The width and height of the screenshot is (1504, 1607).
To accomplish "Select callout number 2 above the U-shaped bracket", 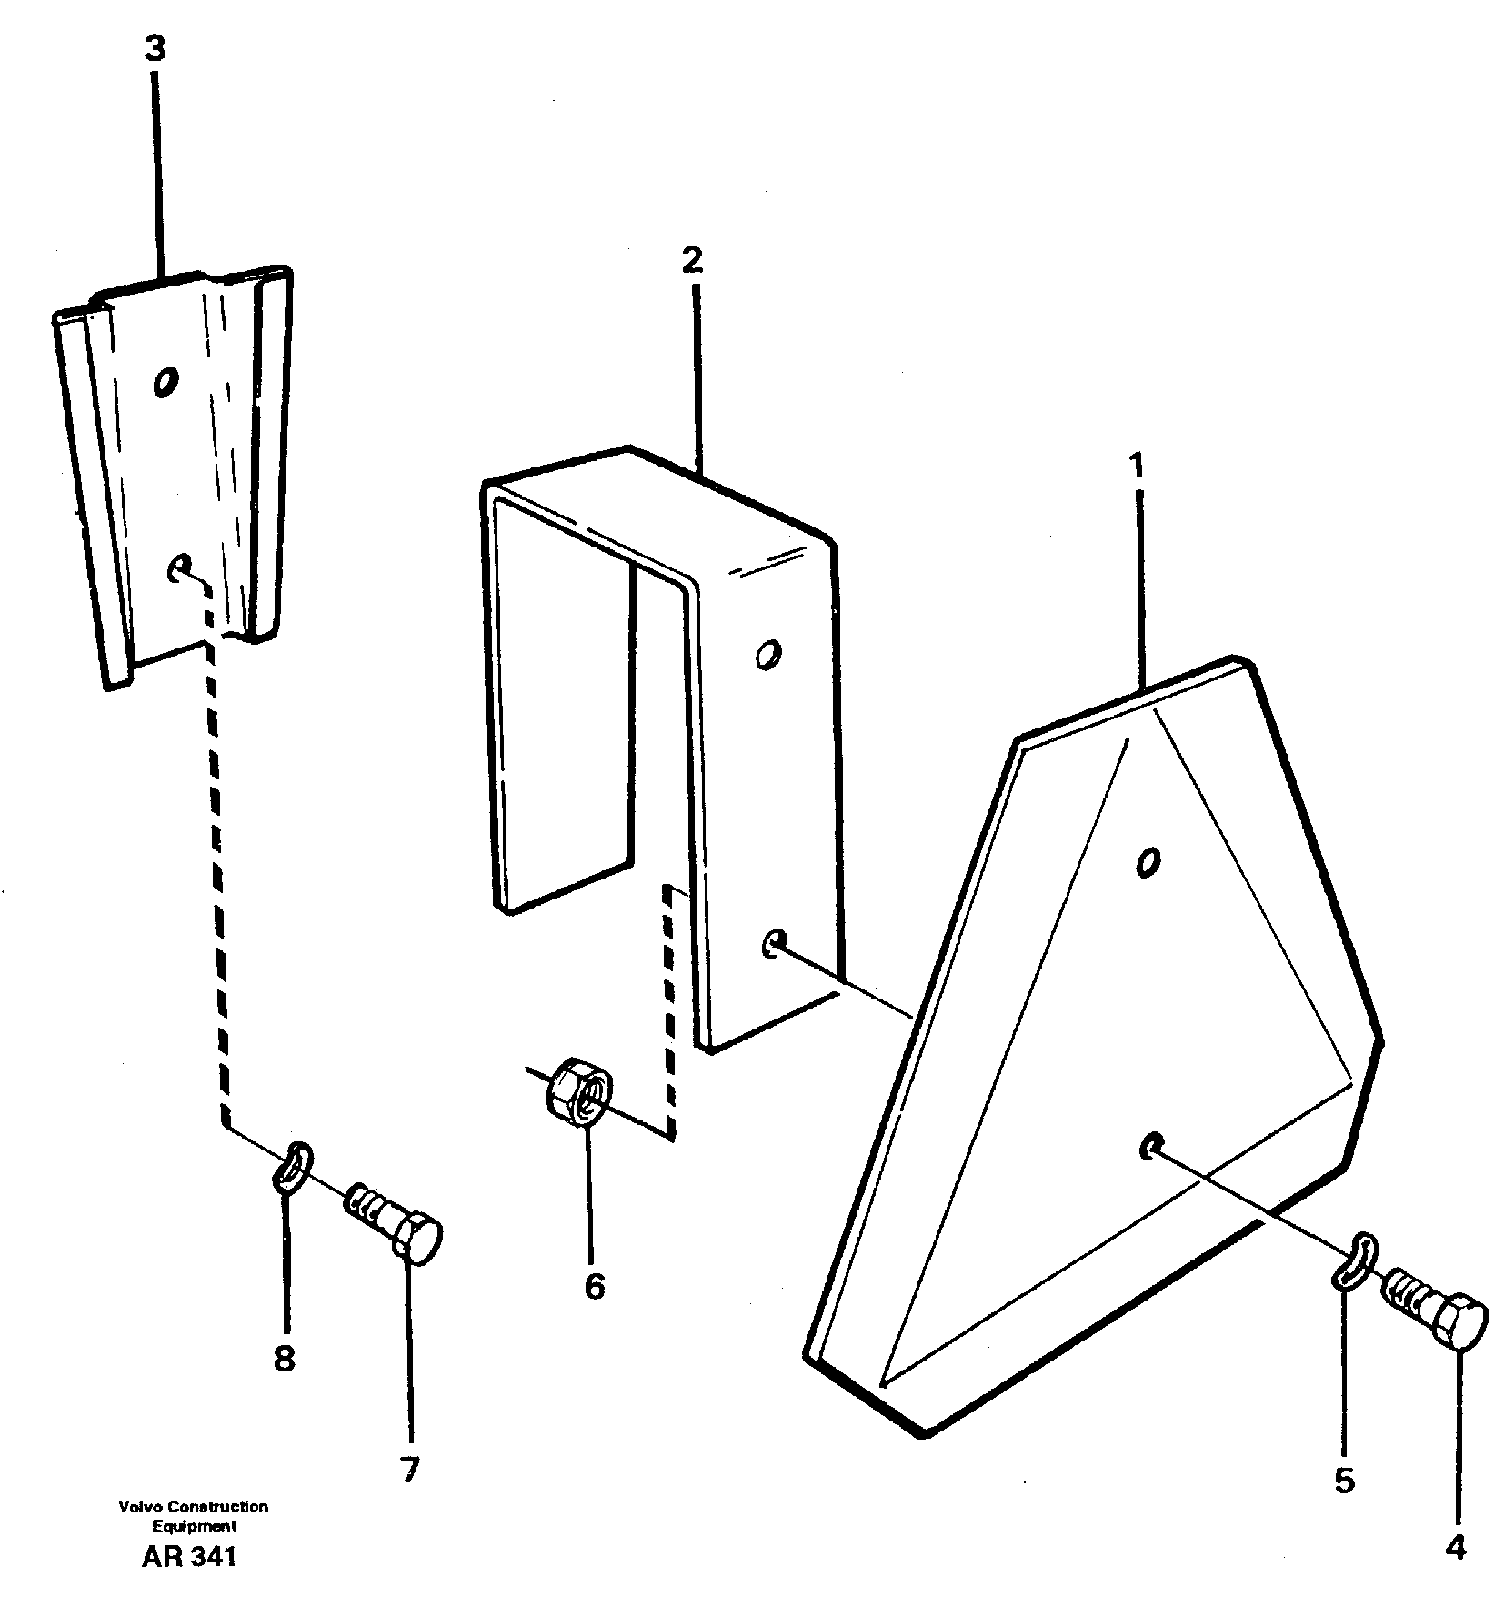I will tap(692, 260).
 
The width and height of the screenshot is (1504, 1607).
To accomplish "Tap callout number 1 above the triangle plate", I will tap(1136, 467).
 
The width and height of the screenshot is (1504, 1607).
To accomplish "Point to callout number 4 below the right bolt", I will tap(1454, 1547).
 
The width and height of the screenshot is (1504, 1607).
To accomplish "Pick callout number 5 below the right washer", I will tap(1344, 1481).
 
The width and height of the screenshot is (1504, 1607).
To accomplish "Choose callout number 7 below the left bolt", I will tap(408, 1469).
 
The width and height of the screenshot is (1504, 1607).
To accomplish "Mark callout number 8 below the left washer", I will tap(284, 1384).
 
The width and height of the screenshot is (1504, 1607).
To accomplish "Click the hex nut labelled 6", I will tap(580, 1089).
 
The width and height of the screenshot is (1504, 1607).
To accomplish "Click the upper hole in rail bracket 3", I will tap(165, 381).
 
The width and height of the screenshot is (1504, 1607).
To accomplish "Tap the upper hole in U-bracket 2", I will tap(767, 654).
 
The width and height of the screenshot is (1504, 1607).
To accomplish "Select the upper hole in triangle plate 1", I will tap(1148, 860).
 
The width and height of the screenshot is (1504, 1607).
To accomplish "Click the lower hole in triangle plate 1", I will tap(1150, 1146).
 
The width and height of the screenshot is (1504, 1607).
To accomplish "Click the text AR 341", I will tap(189, 1557).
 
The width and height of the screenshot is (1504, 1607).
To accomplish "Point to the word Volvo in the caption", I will tap(135, 1507).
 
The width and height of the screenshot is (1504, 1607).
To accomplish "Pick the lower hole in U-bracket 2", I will tap(773, 943).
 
